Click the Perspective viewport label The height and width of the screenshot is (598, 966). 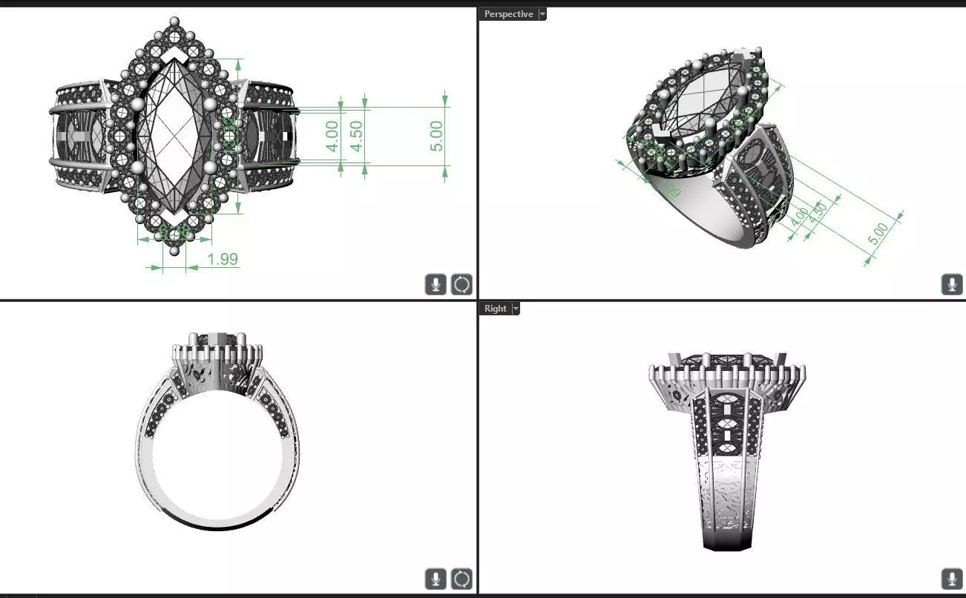tap(508, 14)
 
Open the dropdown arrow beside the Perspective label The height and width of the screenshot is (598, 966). tap(542, 14)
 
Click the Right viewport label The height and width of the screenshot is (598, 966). tap(495, 309)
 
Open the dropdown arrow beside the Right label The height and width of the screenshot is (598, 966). tap(516, 309)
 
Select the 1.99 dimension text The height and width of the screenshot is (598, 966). tap(223, 259)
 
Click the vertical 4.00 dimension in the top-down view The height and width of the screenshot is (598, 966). tap(332, 137)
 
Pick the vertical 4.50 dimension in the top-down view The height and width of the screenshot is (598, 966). tap(356, 137)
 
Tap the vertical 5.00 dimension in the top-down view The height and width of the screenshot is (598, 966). tap(437, 137)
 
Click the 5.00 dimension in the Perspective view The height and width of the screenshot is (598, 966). tap(878, 234)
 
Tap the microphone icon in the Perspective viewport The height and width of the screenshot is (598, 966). tap(951, 284)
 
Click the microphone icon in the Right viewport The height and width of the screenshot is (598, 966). tap(951, 579)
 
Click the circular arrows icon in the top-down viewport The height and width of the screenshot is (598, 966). tap(461, 284)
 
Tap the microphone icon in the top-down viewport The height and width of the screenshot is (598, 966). tap(436, 284)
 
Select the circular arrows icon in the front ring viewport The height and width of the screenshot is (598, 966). tap(461, 579)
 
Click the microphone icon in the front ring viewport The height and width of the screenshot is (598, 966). tap(436, 579)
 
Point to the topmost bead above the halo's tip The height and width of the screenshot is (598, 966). tap(174, 22)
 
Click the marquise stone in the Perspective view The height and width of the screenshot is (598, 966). tap(705, 96)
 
